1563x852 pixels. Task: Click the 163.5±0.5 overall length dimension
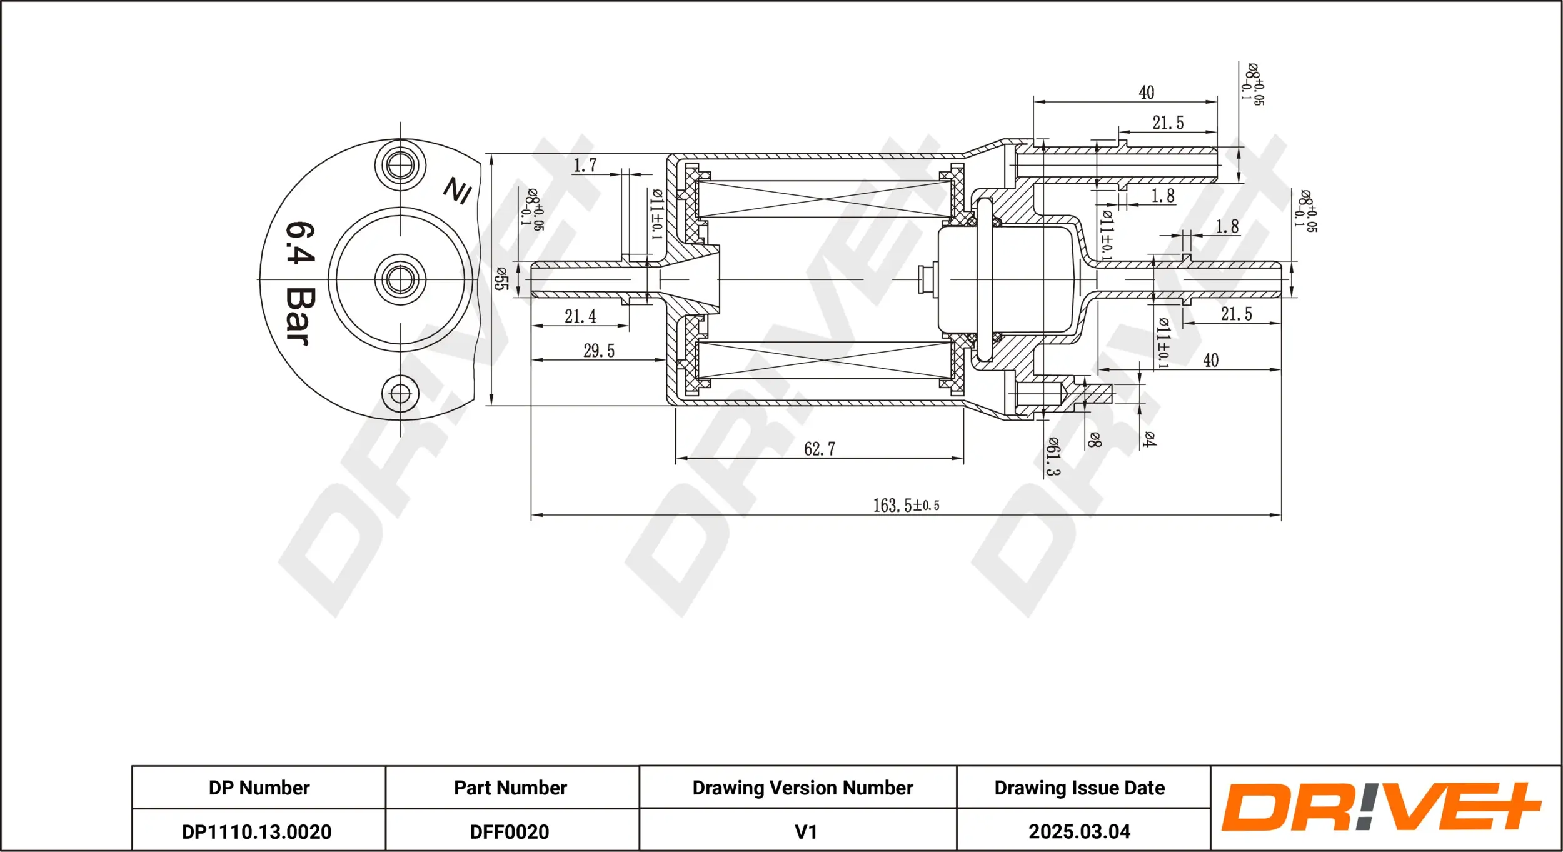pos(905,505)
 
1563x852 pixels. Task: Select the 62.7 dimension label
pos(819,449)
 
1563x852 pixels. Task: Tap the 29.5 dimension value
pos(598,351)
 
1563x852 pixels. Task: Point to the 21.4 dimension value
pos(580,316)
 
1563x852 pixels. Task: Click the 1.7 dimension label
pos(585,166)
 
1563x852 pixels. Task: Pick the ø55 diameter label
pos(501,279)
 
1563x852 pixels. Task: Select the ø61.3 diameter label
pos(1053,456)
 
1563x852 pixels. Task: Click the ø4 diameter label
pos(1149,439)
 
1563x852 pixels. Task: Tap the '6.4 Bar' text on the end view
pos(300,283)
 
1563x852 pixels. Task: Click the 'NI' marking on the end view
pos(458,190)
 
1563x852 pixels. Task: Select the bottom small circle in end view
pos(400,394)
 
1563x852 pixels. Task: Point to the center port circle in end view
pos(400,279)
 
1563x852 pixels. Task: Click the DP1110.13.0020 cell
pos(257,831)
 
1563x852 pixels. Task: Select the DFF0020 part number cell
pos(510,831)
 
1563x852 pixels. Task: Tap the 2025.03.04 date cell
pos(1079,831)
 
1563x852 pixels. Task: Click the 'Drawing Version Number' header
pos(802,788)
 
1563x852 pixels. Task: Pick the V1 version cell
pos(805,831)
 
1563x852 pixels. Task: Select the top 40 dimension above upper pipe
pos(1146,93)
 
